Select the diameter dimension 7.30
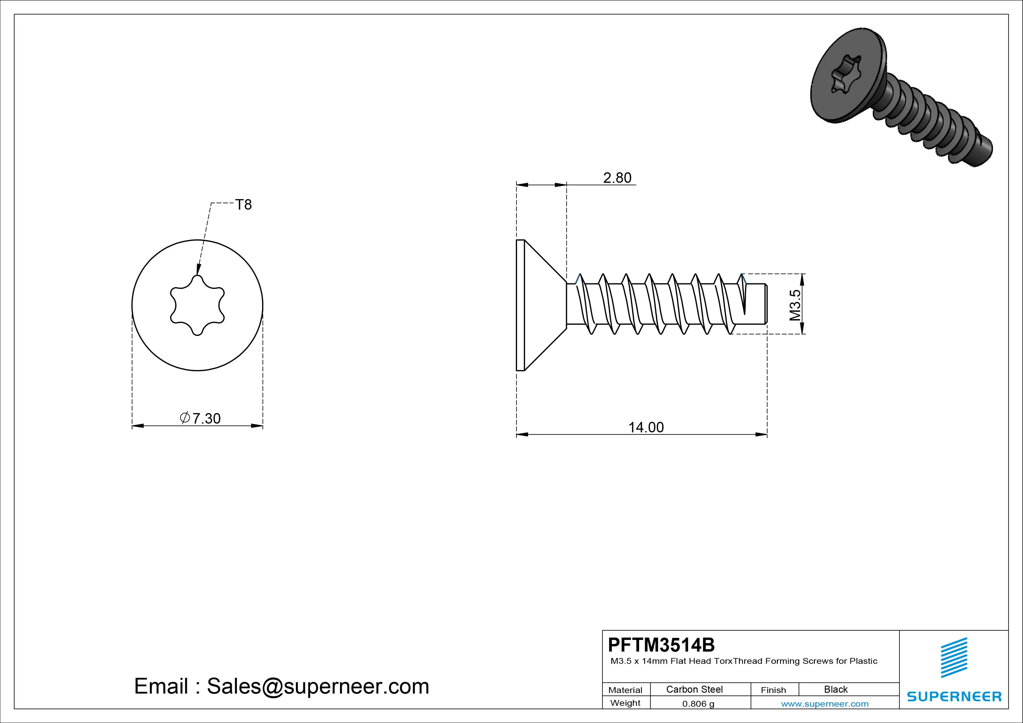point(201,418)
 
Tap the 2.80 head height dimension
point(617,178)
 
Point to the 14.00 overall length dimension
point(646,427)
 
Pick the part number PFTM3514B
point(661,645)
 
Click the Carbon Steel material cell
point(694,689)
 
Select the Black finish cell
point(836,689)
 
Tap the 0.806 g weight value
point(698,704)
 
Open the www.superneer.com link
point(825,704)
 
